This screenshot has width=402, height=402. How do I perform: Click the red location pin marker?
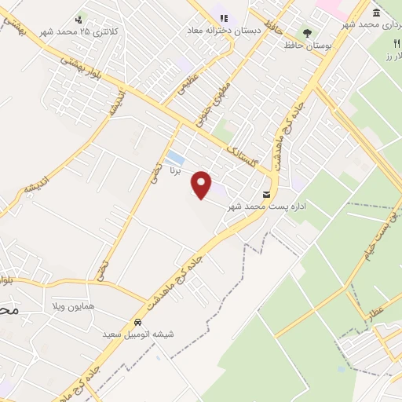coord(203,185)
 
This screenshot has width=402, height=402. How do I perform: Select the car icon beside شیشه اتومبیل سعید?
coord(138,322)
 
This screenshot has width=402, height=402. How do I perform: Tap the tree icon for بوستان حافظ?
coord(306,33)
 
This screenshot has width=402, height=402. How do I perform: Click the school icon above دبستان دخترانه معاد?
coord(224,17)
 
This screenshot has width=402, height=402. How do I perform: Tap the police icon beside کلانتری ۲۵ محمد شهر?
coord(79,20)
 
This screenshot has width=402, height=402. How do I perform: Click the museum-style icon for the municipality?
coord(378,13)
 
